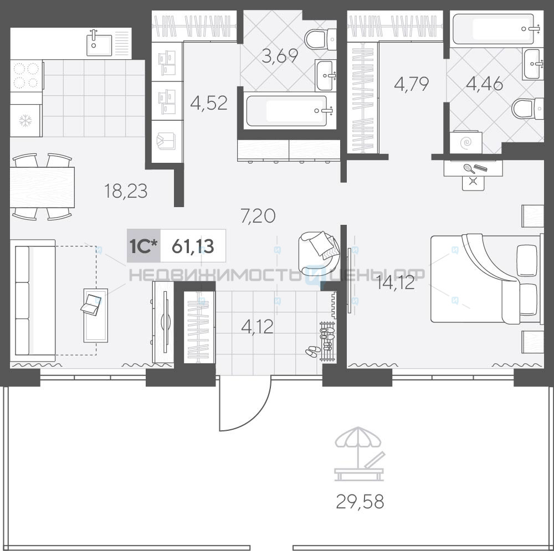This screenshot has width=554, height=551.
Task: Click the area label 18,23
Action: coord(126,191)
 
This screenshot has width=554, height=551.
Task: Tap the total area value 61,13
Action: coord(193,246)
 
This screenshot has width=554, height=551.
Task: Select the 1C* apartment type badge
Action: coord(143,246)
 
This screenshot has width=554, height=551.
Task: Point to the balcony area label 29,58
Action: coord(360,502)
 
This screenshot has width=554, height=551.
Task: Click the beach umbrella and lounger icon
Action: coord(360,454)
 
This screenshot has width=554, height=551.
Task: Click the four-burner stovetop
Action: coord(27,76)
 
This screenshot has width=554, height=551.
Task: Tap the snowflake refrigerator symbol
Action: coord(25,121)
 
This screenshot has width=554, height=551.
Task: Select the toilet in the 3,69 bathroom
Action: coord(320,39)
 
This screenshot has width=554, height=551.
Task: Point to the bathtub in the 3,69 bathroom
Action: coord(286,111)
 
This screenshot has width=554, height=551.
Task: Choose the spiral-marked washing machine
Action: coord(466,142)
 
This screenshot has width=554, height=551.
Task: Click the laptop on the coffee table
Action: coord(91,305)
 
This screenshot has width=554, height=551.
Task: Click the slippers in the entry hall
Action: coord(313,351)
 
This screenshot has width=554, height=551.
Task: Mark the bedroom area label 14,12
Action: coord(395,283)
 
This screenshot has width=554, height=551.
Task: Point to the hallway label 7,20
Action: coord(258,216)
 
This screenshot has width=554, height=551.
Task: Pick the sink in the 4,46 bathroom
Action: coord(533,64)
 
